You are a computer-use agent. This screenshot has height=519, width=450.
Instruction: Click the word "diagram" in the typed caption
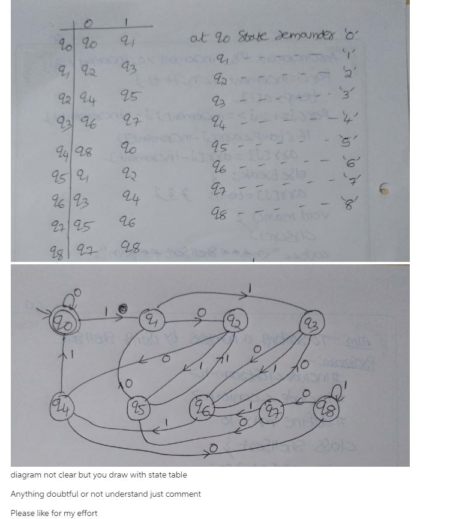click(x=28, y=475)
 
